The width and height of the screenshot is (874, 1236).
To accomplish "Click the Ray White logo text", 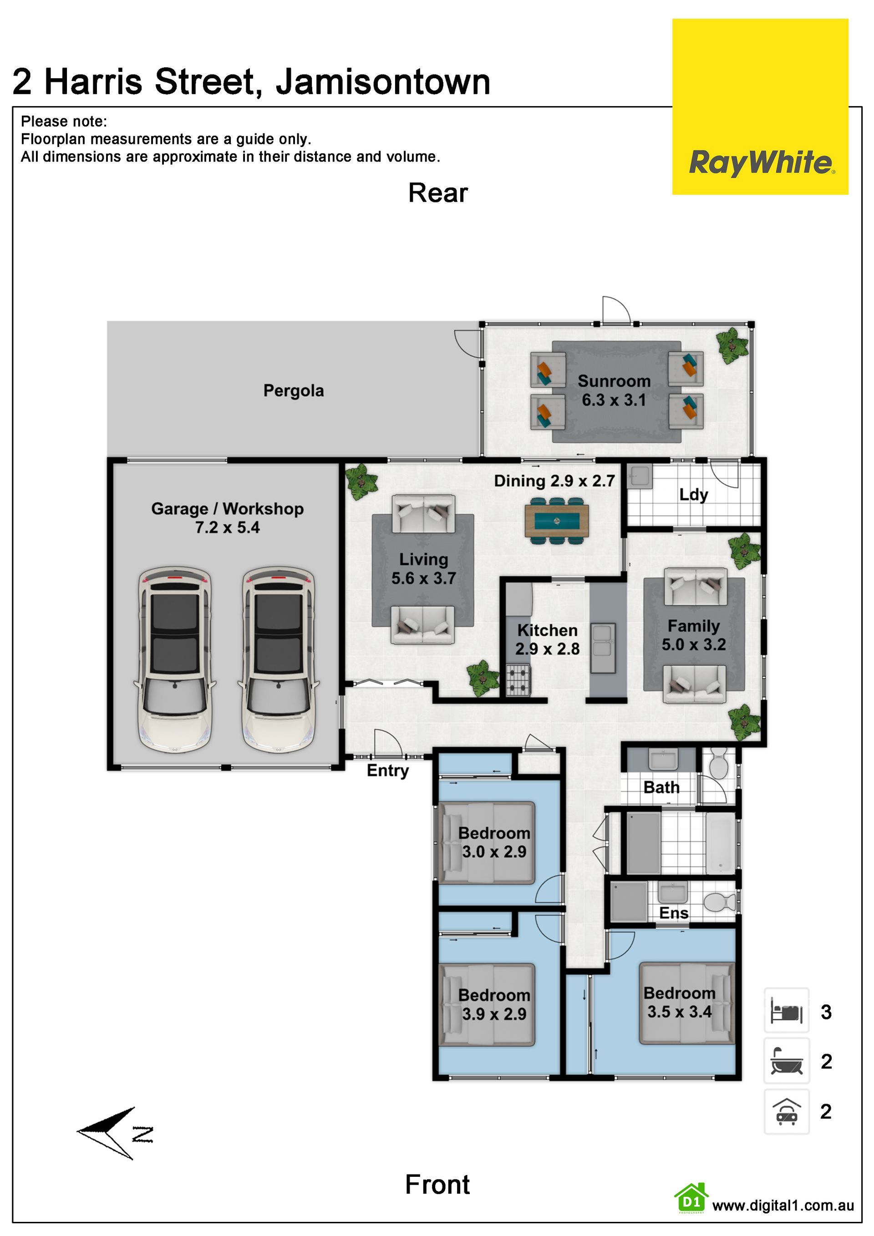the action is point(761,162).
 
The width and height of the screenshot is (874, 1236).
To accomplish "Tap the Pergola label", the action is point(294,391).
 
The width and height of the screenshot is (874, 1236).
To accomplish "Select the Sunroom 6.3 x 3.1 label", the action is point(614,390).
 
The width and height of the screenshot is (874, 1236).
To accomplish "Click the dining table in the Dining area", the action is point(556,521).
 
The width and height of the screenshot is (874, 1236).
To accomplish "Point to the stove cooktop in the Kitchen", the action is point(518,680).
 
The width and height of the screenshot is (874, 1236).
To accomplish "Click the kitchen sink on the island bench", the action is point(603,648).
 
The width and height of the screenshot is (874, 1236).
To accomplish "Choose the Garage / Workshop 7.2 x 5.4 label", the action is point(227,518).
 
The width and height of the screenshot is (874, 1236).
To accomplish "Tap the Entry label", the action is point(388,771).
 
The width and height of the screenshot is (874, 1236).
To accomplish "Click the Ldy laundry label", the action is point(694,495).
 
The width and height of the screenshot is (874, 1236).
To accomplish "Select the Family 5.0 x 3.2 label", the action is point(694,635).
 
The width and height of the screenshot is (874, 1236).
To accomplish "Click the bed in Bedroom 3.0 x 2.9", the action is point(488,843).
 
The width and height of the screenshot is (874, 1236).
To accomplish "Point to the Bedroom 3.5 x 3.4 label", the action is point(680,1003).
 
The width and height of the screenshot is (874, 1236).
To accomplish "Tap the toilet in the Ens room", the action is point(720,902).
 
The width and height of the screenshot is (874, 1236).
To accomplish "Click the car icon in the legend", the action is point(787,1112).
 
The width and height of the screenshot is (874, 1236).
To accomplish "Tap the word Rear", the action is point(438,192).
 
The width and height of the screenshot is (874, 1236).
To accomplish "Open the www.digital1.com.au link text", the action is point(783,1206).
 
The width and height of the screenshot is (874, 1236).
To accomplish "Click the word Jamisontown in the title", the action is point(383,82).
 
